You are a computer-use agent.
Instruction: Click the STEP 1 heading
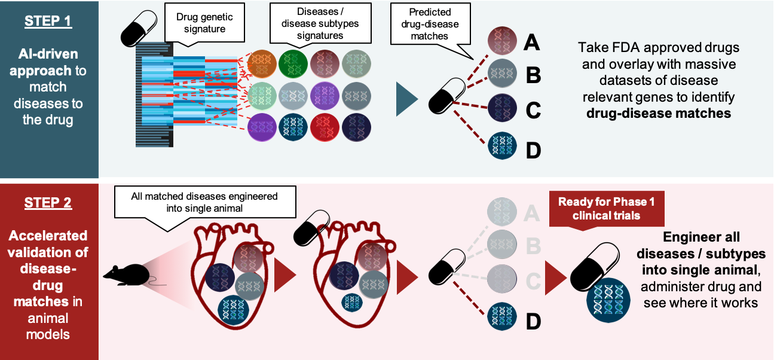47,22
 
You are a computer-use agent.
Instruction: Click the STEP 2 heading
47,203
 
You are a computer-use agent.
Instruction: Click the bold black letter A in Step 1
532,42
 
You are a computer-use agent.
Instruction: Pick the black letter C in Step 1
533,111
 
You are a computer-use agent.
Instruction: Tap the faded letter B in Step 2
532,245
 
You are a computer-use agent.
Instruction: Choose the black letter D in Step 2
533,321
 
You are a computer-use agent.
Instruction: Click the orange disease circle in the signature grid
261,63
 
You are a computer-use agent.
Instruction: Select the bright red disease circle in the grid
325,127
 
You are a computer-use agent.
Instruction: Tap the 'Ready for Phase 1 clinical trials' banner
606,209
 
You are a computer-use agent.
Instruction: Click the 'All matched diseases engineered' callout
204,202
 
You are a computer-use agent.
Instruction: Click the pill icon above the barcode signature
139,28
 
